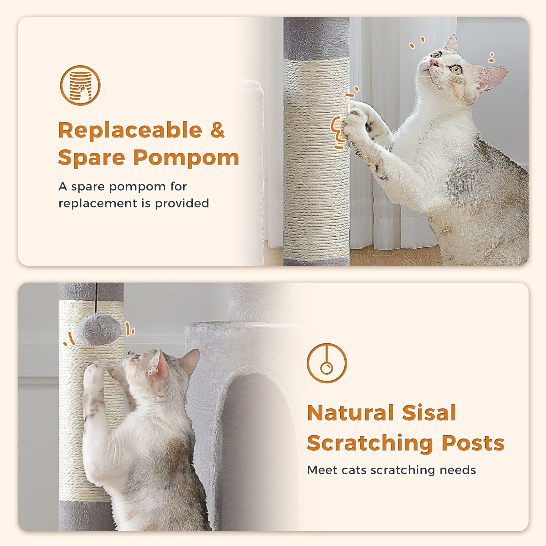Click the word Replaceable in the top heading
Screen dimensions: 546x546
point(130,131)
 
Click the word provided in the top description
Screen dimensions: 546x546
point(182,204)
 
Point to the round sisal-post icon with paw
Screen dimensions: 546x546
point(80,85)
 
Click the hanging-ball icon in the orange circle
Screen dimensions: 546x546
point(327,363)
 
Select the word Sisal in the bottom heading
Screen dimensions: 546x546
point(429,413)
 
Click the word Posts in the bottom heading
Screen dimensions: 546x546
point(473,443)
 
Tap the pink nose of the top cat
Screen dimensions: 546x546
point(434,62)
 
